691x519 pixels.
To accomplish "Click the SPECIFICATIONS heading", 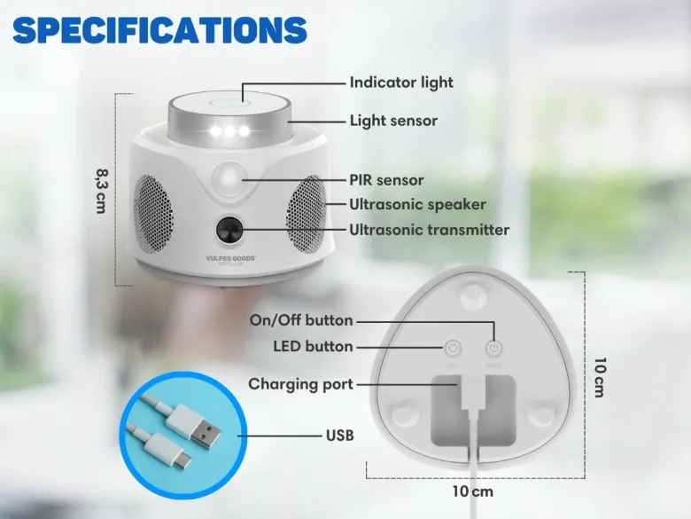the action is [x=160, y=30].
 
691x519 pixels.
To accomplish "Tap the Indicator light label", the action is [x=401, y=83].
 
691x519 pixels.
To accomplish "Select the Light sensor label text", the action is [x=393, y=121].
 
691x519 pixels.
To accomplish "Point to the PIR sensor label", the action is [x=386, y=180].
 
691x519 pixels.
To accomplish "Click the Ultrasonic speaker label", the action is [x=417, y=204].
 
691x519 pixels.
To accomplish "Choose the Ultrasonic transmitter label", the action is [x=430, y=230].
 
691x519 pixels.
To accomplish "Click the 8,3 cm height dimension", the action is [x=101, y=190].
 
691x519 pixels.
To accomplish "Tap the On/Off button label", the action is [x=301, y=320].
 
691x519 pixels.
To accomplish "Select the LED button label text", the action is [x=313, y=346].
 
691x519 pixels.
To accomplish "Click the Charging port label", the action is [x=300, y=384].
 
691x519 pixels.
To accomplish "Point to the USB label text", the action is [x=340, y=436].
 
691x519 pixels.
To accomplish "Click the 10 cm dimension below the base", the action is [x=472, y=491].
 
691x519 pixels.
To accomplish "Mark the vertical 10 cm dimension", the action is [x=600, y=377].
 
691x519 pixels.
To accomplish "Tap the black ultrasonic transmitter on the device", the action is [x=229, y=230].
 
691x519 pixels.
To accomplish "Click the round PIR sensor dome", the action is [x=229, y=178].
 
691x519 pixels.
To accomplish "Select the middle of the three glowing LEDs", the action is [x=229, y=131].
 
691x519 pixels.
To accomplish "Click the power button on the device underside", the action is [x=493, y=349].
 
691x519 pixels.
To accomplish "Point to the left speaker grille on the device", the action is [x=152, y=214].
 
